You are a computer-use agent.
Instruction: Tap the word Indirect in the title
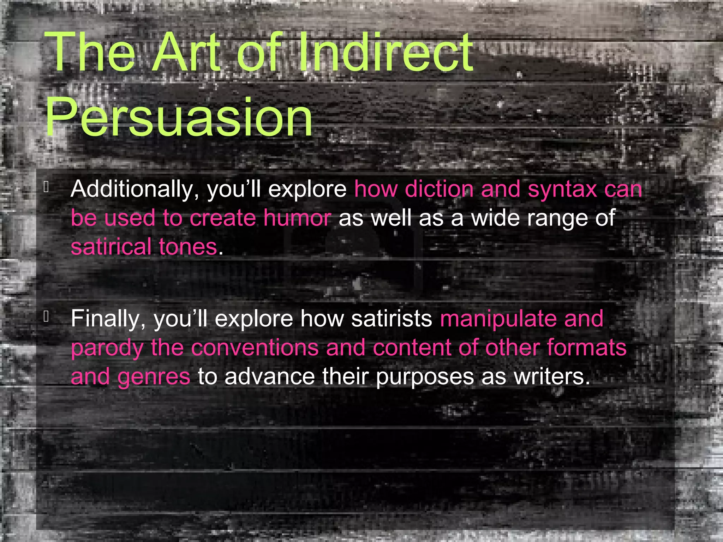coord(386,53)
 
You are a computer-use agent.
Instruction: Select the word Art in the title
coord(186,53)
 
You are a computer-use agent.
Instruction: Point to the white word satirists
coord(392,319)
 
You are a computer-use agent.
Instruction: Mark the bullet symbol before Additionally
coord(46,187)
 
